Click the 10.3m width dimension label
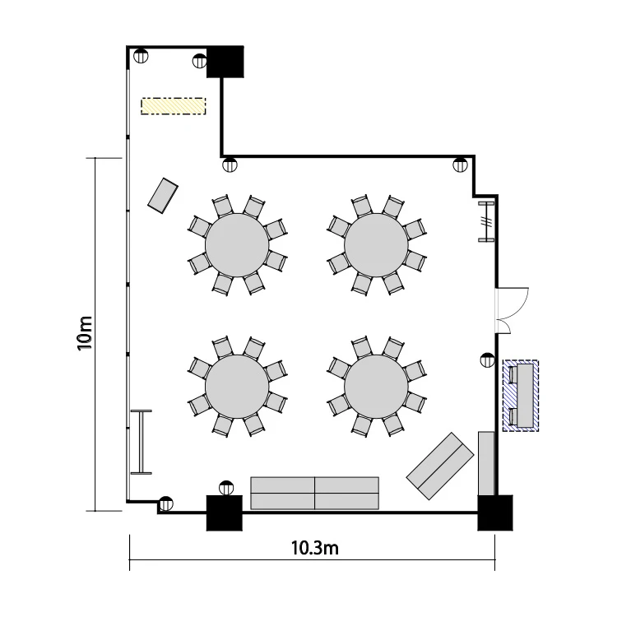pyautogui.click(x=314, y=548)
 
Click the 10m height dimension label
pyautogui.click(x=85, y=333)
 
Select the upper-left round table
pyautogui.click(x=237, y=245)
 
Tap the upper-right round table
pyautogui.click(x=376, y=245)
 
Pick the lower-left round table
pyautogui.click(x=237, y=387)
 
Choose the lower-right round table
pyautogui.click(x=376, y=387)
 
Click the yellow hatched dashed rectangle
pyautogui.click(x=173, y=106)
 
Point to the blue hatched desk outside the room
pyautogui.click(x=521, y=396)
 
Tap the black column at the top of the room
pyautogui.click(x=225, y=62)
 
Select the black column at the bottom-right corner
pyautogui.click(x=495, y=513)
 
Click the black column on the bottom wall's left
pyautogui.click(x=225, y=513)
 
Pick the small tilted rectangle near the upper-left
pyautogui.click(x=163, y=196)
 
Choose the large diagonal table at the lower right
pyautogui.click(x=440, y=466)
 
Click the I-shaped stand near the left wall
pyautogui.click(x=141, y=442)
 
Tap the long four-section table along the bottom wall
pyautogui.click(x=315, y=493)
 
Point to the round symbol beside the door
pyautogui.click(x=488, y=360)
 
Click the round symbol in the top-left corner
pyautogui.click(x=141, y=56)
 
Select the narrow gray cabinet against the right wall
pyautogui.click(x=486, y=463)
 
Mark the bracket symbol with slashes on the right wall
pyautogui.click(x=486, y=221)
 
